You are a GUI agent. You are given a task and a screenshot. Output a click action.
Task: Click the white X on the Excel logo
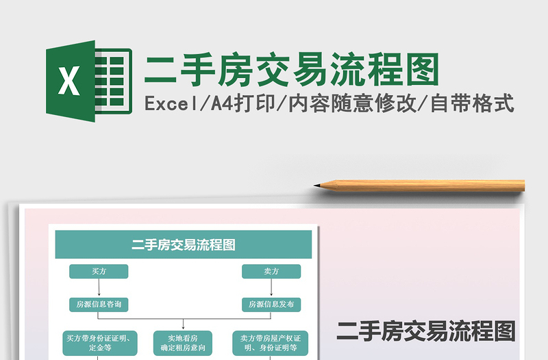68,81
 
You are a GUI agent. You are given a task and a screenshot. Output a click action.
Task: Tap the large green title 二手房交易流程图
290,70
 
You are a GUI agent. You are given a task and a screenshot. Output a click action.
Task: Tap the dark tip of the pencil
318,185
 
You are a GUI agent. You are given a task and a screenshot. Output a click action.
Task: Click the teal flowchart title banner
183,244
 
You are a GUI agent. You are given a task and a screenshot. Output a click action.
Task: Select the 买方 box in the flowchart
99,272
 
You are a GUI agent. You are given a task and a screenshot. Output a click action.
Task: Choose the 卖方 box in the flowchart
271,272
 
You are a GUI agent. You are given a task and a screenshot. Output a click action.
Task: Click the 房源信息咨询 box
99,304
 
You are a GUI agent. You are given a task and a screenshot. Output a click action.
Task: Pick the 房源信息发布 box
271,304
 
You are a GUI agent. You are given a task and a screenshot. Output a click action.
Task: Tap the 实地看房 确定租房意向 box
183,343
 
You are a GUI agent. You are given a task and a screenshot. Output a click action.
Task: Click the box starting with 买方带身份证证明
99,343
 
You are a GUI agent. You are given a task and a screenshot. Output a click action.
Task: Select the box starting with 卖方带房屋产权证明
270,343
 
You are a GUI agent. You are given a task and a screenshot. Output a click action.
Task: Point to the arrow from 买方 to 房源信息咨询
99,287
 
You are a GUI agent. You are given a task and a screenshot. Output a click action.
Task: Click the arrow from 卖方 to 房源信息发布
271,287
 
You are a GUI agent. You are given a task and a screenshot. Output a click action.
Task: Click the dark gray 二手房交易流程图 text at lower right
425,331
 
